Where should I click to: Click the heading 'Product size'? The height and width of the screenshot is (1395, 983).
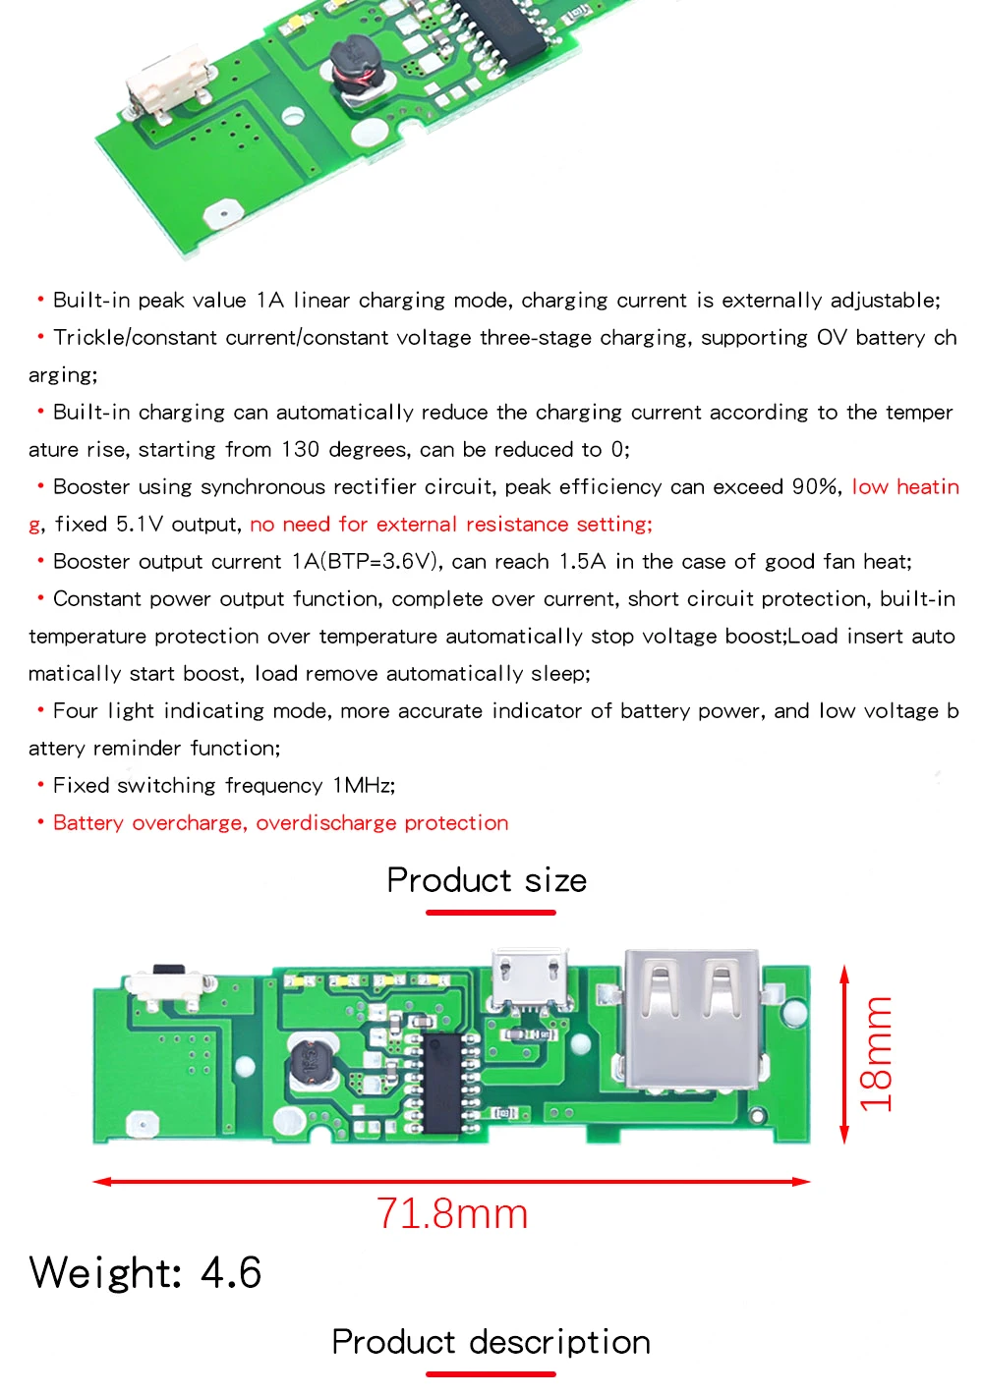coord(487,880)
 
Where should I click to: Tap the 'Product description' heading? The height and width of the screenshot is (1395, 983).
coord(491,1342)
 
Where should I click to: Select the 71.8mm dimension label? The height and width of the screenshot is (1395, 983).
coord(452,1214)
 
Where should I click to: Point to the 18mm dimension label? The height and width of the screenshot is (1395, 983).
coord(875,1053)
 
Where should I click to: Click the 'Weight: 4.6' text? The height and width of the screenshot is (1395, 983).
coord(145,1273)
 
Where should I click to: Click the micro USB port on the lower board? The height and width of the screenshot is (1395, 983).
coord(531,978)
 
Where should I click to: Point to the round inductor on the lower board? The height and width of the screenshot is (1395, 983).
coord(314,1063)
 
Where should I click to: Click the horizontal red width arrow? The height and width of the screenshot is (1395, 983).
coord(451,1181)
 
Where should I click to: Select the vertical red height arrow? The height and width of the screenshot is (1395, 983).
coord(843,1054)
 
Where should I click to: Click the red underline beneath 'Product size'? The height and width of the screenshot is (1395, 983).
coord(491,913)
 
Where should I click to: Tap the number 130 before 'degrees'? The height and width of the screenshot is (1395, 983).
coord(300,450)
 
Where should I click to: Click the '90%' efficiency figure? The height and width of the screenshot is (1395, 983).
coord(817,487)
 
